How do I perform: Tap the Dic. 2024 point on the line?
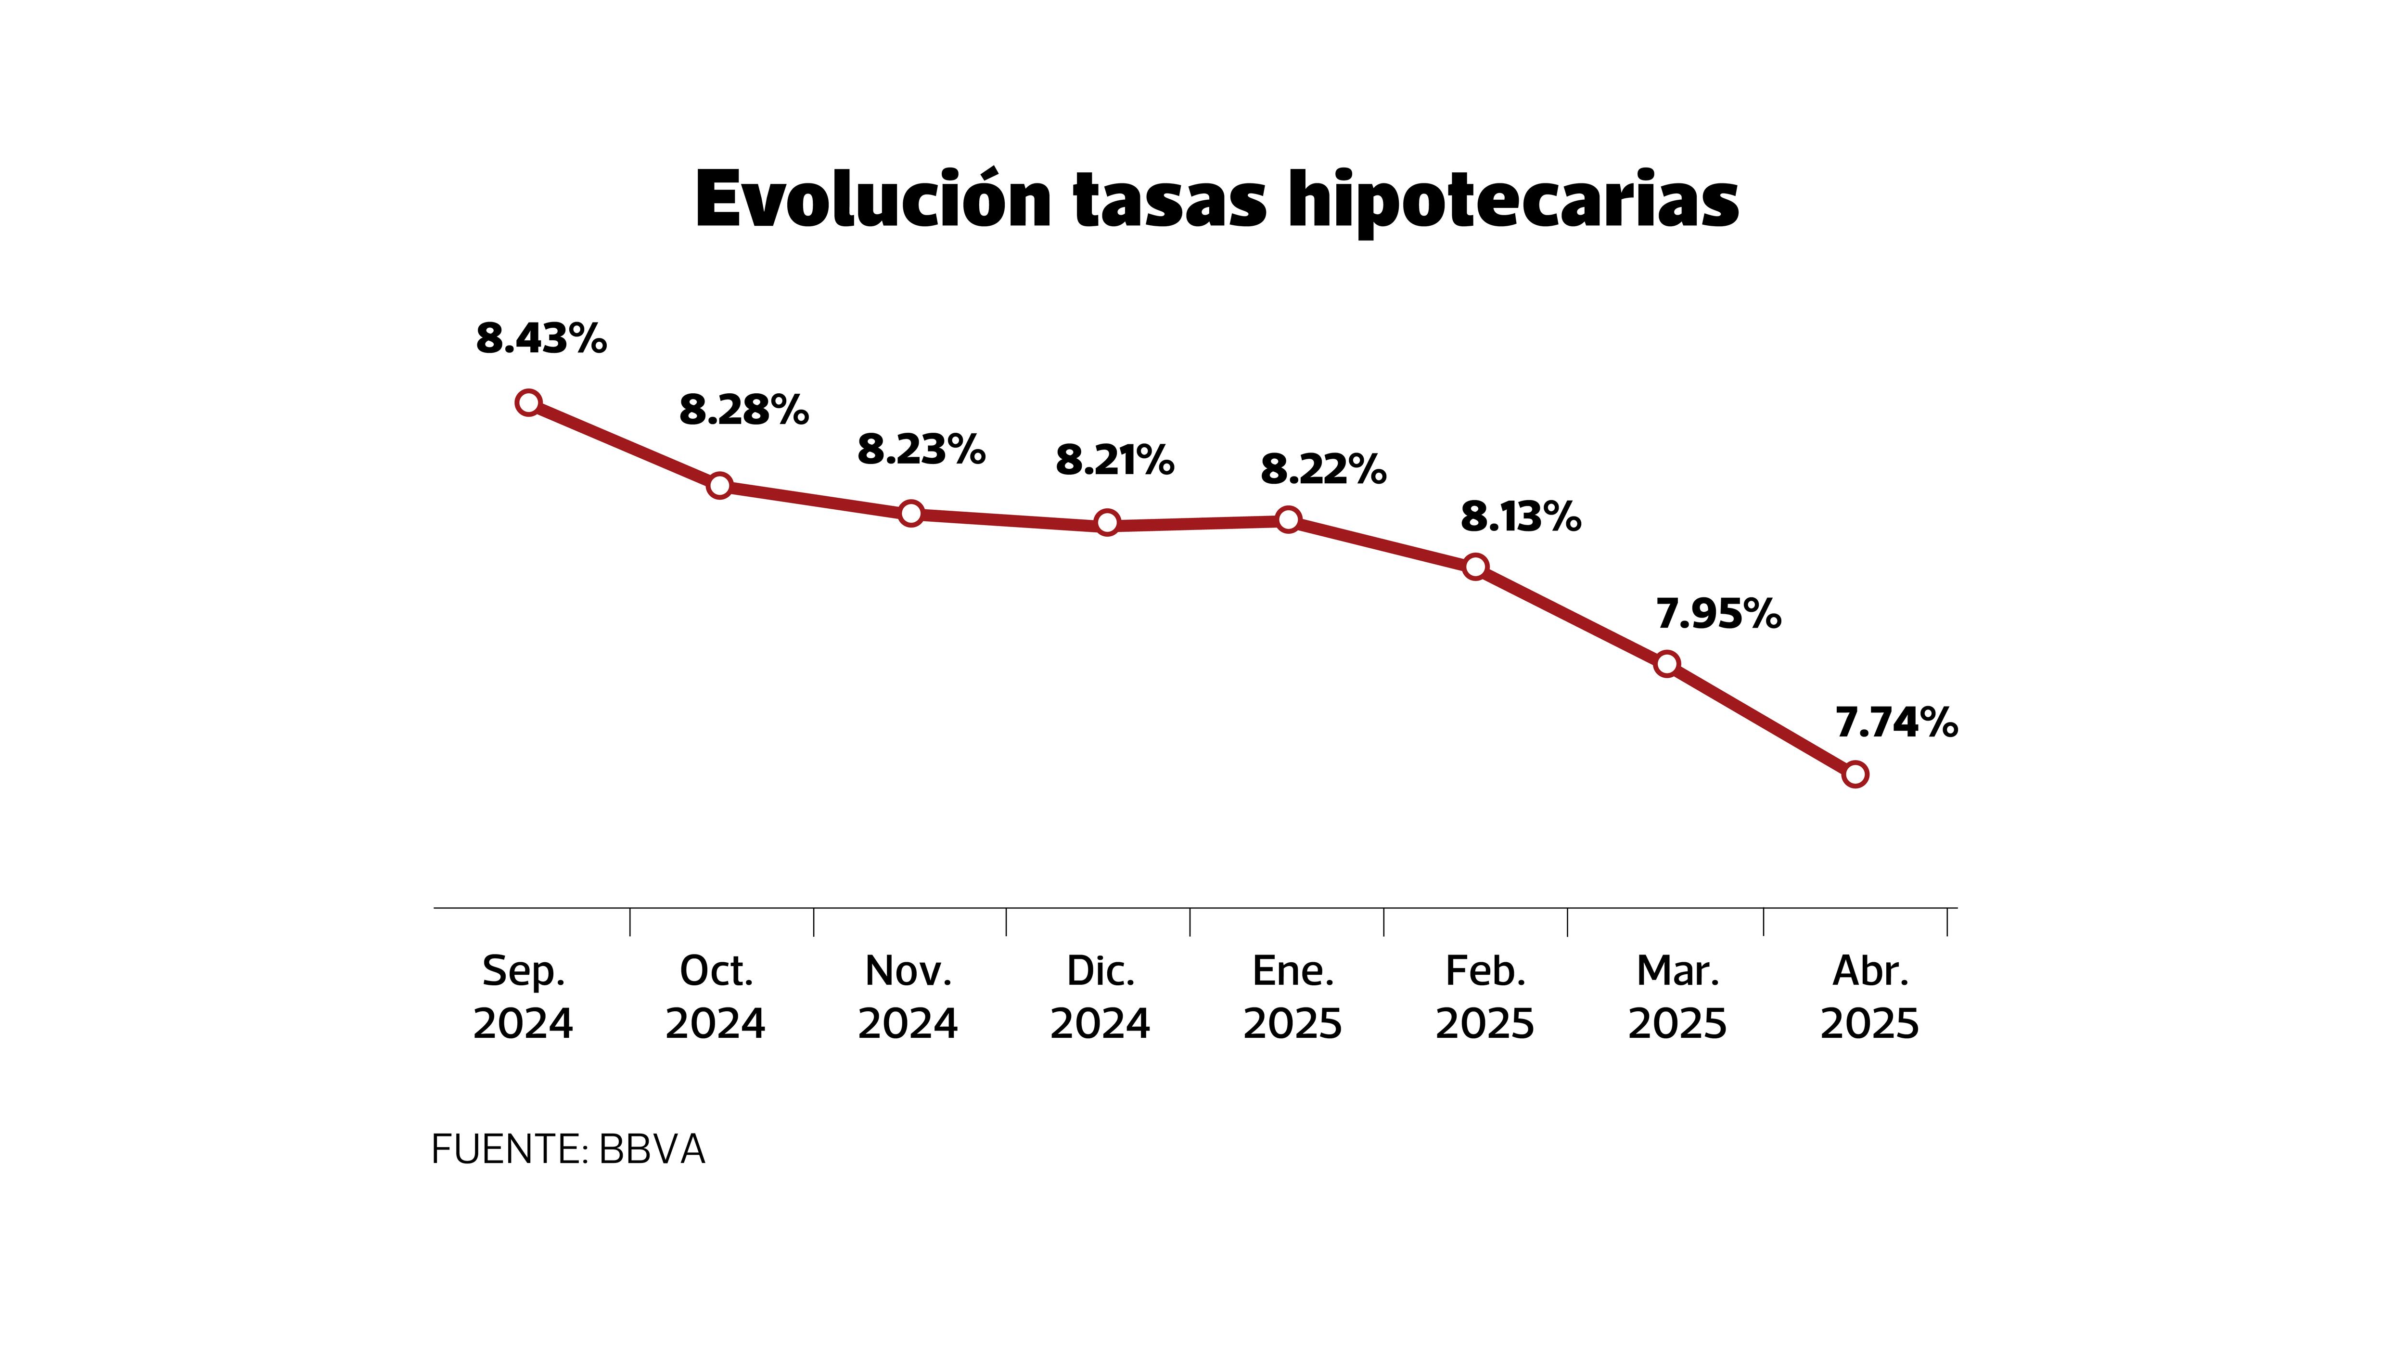tap(1107, 522)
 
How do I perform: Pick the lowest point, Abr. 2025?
tap(1855, 774)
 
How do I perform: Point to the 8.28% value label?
tap(744, 410)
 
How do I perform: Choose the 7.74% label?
tap(1896, 723)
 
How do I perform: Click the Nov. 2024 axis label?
tap(908, 997)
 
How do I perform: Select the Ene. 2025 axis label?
tap(1293, 997)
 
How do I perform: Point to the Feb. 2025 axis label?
tap(1485, 997)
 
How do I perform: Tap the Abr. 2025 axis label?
tap(1870, 997)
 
